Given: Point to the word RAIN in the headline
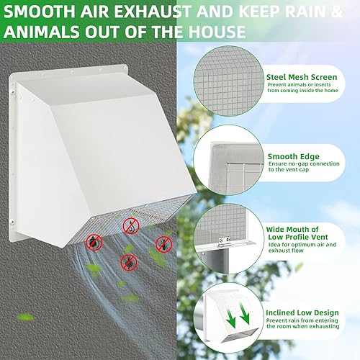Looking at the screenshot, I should [x=309, y=12].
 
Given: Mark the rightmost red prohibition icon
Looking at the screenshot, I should [x=164, y=243].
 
